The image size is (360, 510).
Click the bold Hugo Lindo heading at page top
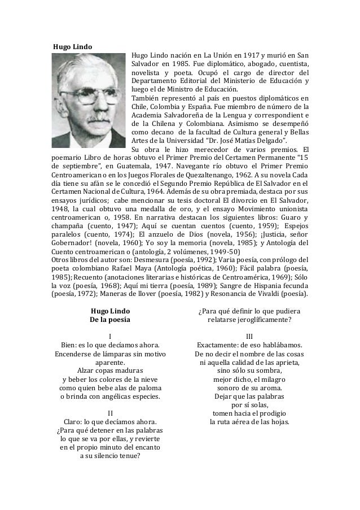(x=72, y=46)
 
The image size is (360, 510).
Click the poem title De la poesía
(x=110, y=320)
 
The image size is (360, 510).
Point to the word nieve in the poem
(x=148, y=379)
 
